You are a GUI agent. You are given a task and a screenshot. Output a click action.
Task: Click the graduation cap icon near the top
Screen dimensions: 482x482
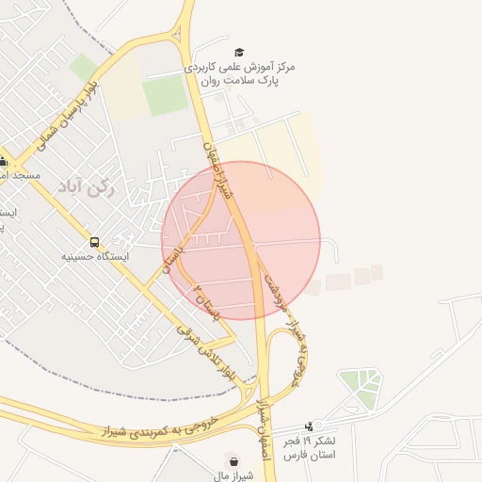[x=238, y=53]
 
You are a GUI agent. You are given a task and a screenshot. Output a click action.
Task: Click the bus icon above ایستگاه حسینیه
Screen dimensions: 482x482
[x=93, y=242]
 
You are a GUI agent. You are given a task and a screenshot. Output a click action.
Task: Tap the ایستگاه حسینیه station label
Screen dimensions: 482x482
[x=95, y=256]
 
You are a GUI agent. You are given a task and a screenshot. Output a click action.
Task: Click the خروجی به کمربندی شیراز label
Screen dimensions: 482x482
[x=159, y=427]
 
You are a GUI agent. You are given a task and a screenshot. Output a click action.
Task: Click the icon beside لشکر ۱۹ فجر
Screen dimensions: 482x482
[x=310, y=426]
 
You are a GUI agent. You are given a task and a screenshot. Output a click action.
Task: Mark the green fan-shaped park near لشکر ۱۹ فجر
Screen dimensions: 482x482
[x=361, y=386]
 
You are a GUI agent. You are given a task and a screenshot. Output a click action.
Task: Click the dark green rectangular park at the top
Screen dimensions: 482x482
[x=166, y=95]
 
